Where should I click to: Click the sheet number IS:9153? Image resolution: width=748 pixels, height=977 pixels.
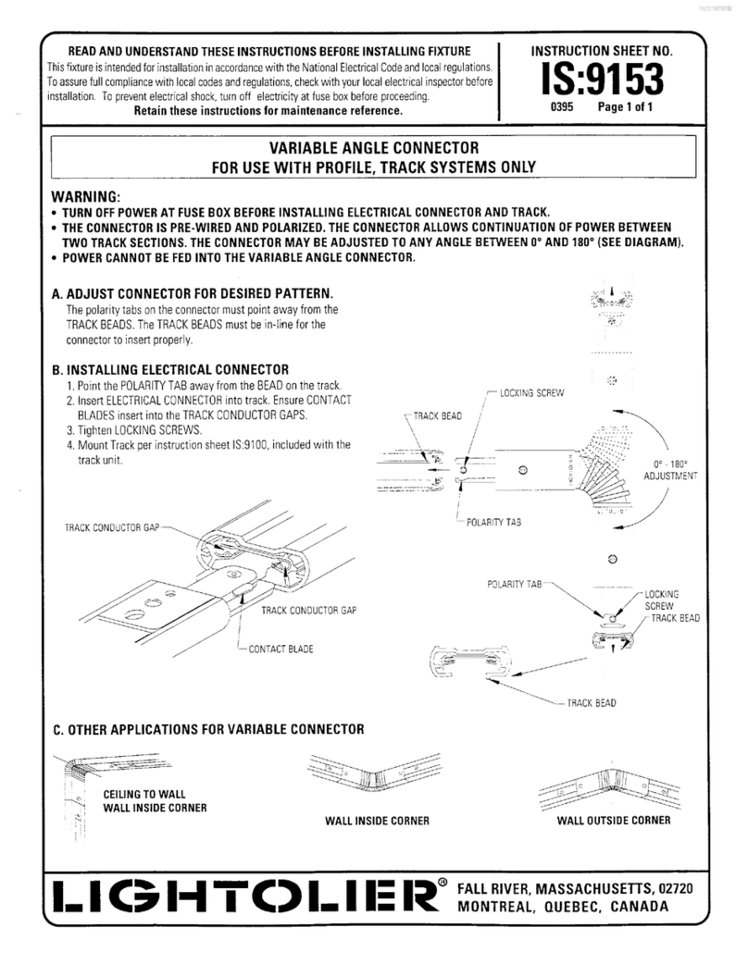(597, 80)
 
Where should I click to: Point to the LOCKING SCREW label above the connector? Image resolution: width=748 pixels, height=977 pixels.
(530, 393)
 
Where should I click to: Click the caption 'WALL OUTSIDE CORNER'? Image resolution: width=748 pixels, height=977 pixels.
(613, 820)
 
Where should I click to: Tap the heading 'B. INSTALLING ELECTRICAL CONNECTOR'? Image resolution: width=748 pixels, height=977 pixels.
(170, 370)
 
